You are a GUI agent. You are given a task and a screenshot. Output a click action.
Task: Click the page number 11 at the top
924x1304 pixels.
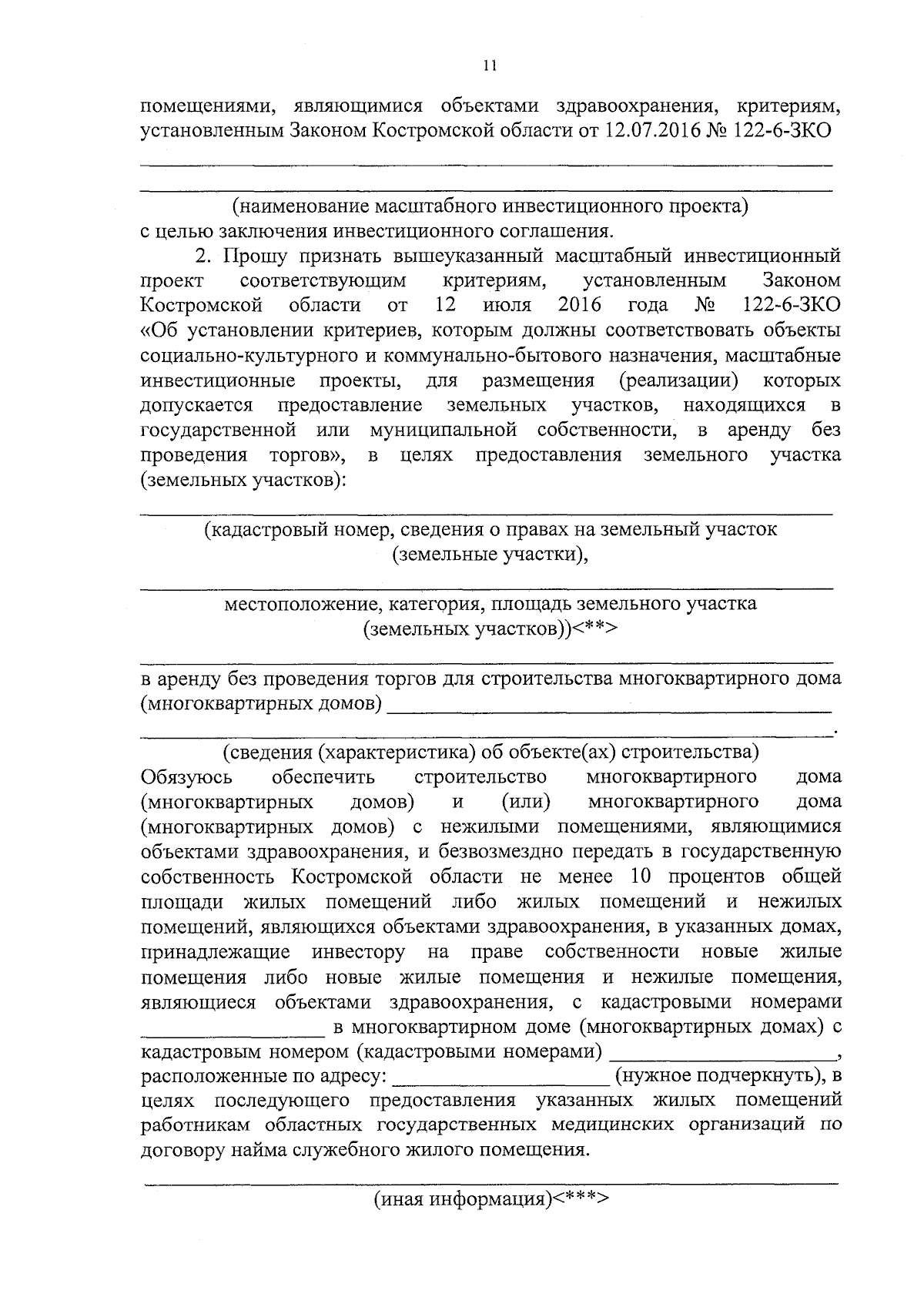pos(490,66)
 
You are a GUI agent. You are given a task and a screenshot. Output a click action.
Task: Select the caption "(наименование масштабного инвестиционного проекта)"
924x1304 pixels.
pos(491,206)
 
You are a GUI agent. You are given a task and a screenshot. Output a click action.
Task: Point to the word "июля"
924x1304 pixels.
pos(507,305)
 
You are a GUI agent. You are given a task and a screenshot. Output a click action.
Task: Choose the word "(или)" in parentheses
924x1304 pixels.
pos(525,802)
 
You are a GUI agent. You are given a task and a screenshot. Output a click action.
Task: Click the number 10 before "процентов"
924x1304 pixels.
pos(641,877)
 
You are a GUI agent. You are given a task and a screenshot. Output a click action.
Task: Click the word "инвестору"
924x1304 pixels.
pos(358,952)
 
